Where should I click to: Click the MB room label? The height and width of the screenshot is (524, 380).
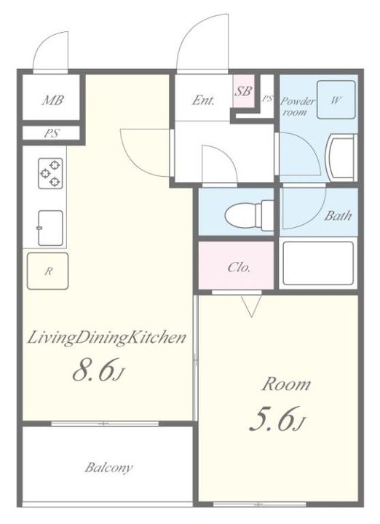pos(53,100)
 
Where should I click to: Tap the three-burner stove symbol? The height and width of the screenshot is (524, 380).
pos(50,173)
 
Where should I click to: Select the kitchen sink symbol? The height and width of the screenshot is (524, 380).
pos(50,228)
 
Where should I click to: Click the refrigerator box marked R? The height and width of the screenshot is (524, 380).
pos(48,271)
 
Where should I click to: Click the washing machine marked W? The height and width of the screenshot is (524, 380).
pos(336,100)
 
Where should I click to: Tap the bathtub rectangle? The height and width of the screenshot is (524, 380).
pos(318,263)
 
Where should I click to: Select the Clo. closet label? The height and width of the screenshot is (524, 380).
pos(239,267)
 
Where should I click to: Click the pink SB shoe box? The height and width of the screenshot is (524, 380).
pos(244,91)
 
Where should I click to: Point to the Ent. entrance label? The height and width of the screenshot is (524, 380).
pos(203,100)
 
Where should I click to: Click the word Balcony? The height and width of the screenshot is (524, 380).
pos(108,467)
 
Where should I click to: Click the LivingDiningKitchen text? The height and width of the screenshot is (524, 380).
pos(106,338)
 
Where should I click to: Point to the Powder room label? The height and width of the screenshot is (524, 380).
pos(298,106)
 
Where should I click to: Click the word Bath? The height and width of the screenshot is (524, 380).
pos(339,215)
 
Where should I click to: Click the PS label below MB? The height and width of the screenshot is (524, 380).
pos(52,133)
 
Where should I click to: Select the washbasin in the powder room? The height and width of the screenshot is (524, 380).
pos(339,158)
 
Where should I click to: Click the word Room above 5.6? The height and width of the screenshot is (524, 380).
pos(286,384)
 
